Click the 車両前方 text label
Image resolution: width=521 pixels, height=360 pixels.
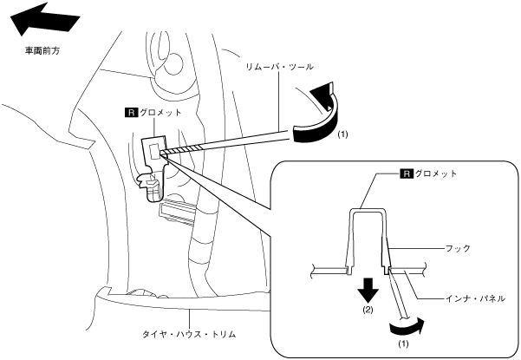coord(42,50)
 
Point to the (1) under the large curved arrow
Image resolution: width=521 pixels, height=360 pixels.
coord(342,135)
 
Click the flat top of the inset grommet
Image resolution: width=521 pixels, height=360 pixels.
coord(368,210)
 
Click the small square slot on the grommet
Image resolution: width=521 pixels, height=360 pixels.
coord(155,150)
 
